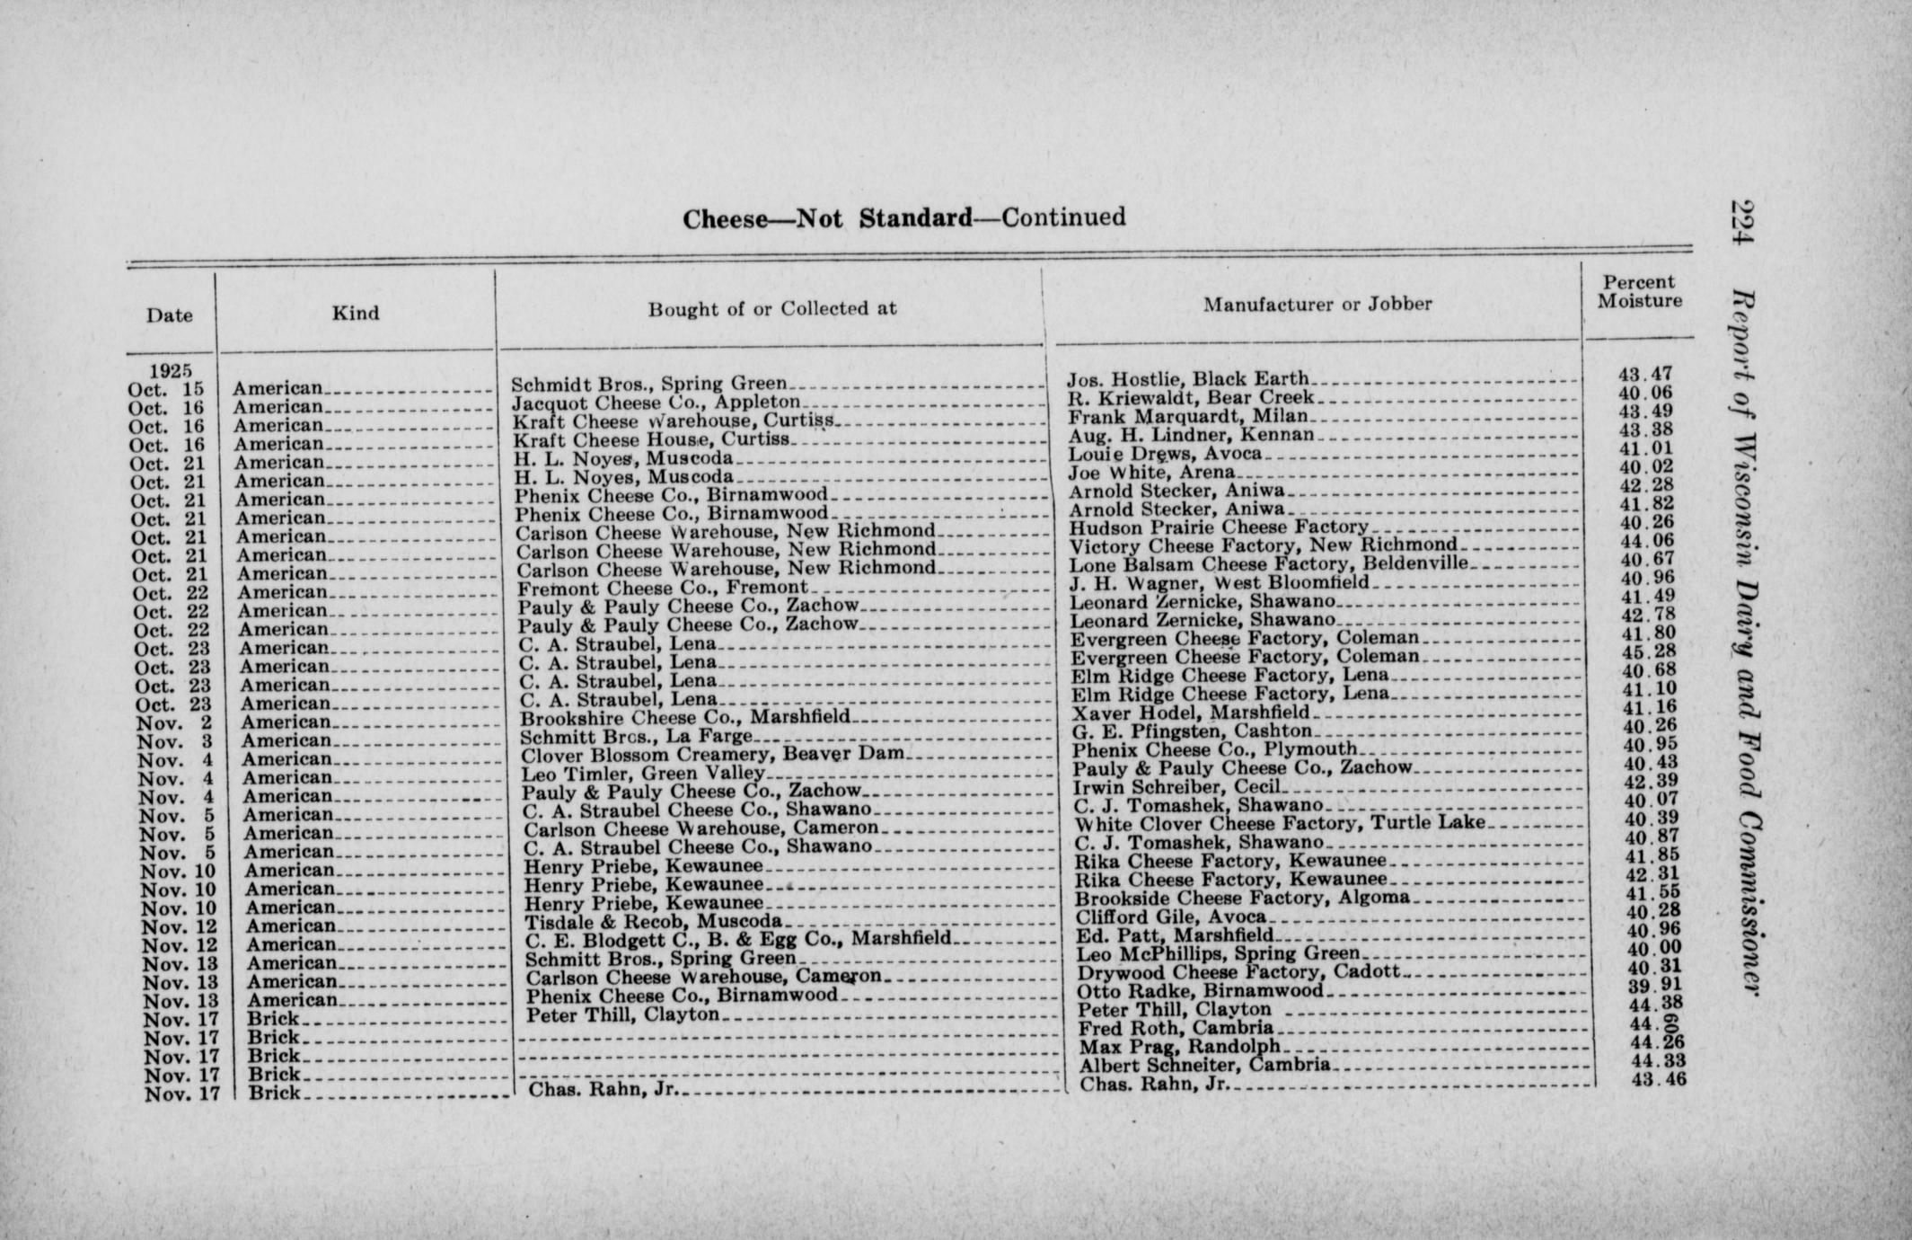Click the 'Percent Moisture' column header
pos(1639,292)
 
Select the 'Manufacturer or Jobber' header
pos(1317,305)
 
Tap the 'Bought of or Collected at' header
pos(772,309)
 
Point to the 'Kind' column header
pos(356,313)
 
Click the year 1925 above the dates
pos(171,370)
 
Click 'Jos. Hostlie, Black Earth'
pos(1187,379)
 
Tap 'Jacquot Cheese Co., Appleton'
pos(656,403)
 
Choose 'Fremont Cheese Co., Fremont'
pos(664,589)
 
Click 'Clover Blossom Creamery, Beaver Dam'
pos(713,755)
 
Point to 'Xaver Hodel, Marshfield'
pos(1191,713)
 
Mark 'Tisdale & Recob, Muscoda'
pos(654,922)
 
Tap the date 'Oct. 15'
pos(166,389)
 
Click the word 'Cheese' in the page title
pos(725,220)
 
